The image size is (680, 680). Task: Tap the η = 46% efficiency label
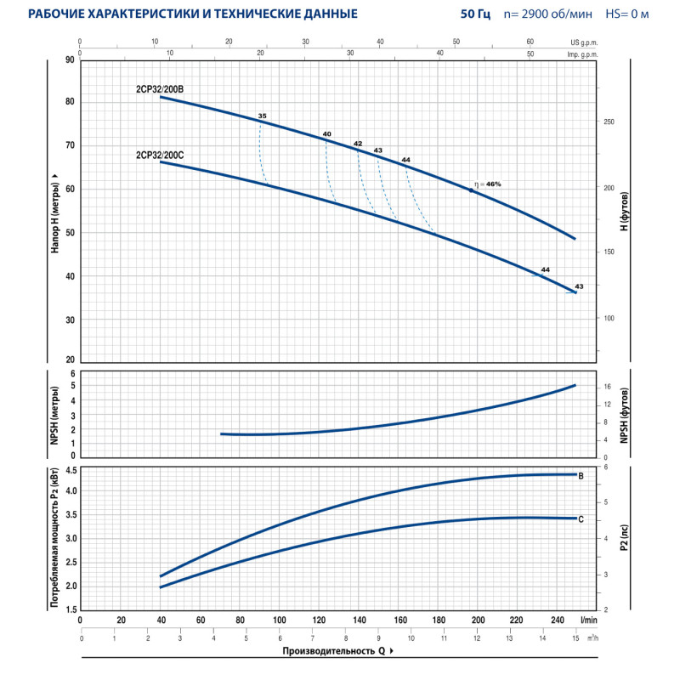[489, 184]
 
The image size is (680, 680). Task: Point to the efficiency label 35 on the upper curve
[263, 116]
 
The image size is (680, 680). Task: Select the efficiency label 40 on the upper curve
[326, 134]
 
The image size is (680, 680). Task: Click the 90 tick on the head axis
[69, 60]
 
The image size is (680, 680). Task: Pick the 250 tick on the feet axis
[608, 122]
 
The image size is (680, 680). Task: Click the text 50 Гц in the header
[476, 14]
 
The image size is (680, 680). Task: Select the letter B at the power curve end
[581, 475]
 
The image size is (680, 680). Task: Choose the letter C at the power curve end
[581, 518]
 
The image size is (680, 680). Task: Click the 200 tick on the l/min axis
[478, 620]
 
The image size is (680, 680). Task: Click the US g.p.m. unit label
[583, 41]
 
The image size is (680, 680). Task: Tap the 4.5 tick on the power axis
[71, 470]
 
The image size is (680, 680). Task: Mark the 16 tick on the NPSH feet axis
[606, 386]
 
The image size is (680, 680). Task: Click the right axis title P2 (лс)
[626, 538]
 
